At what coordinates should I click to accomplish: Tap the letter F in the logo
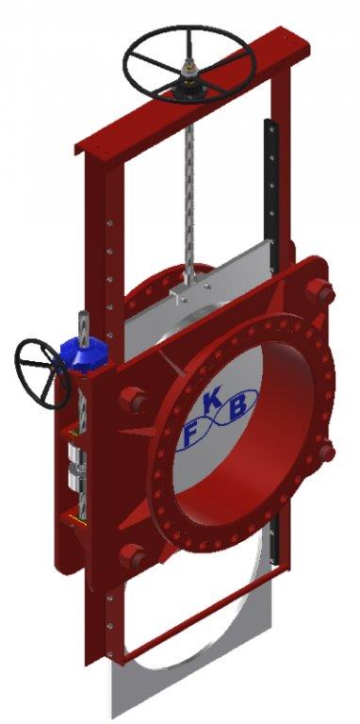189,436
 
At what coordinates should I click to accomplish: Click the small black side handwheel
42,374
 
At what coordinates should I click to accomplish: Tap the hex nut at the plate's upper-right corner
319,292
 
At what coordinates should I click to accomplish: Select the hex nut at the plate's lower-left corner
133,557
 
